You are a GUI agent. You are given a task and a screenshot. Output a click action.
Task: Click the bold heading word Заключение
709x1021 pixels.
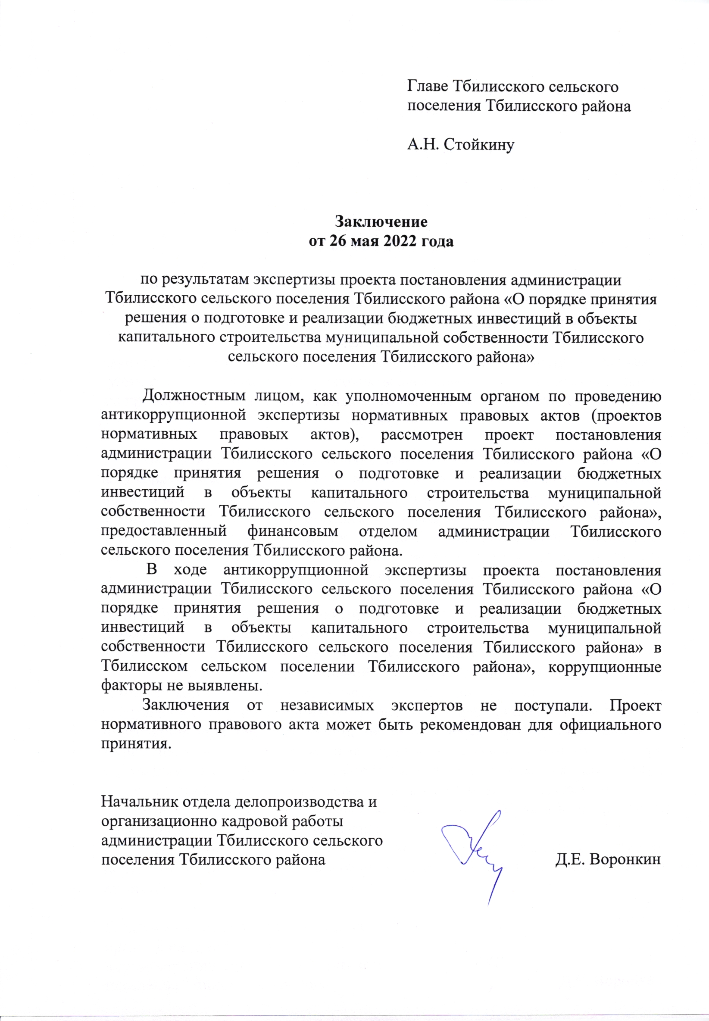[381, 221]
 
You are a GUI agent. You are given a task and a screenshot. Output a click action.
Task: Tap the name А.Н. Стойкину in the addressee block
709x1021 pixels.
[461, 144]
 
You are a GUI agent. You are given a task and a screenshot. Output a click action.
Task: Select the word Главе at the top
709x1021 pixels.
[428, 86]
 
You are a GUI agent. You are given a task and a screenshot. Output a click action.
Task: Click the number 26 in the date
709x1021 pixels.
[338, 241]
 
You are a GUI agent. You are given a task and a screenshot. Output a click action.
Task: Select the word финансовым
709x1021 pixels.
[293, 531]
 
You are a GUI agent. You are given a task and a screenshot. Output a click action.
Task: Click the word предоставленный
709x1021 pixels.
[164, 531]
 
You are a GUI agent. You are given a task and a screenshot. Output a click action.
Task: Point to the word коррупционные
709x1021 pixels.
[605, 667]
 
